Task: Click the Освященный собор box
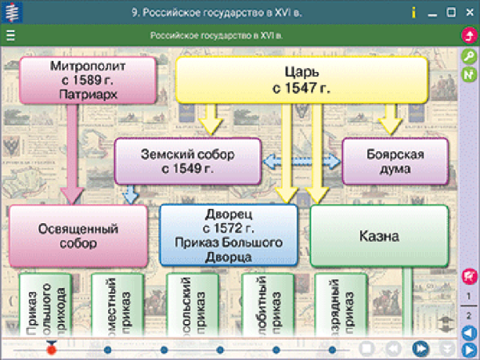(x=78, y=235)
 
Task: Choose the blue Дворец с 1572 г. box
(x=228, y=235)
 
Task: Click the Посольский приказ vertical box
(x=190, y=308)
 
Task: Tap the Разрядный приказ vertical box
(x=339, y=308)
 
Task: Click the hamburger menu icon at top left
(x=10, y=35)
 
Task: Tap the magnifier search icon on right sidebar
(x=470, y=56)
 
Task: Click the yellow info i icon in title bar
(x=413, y=12)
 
